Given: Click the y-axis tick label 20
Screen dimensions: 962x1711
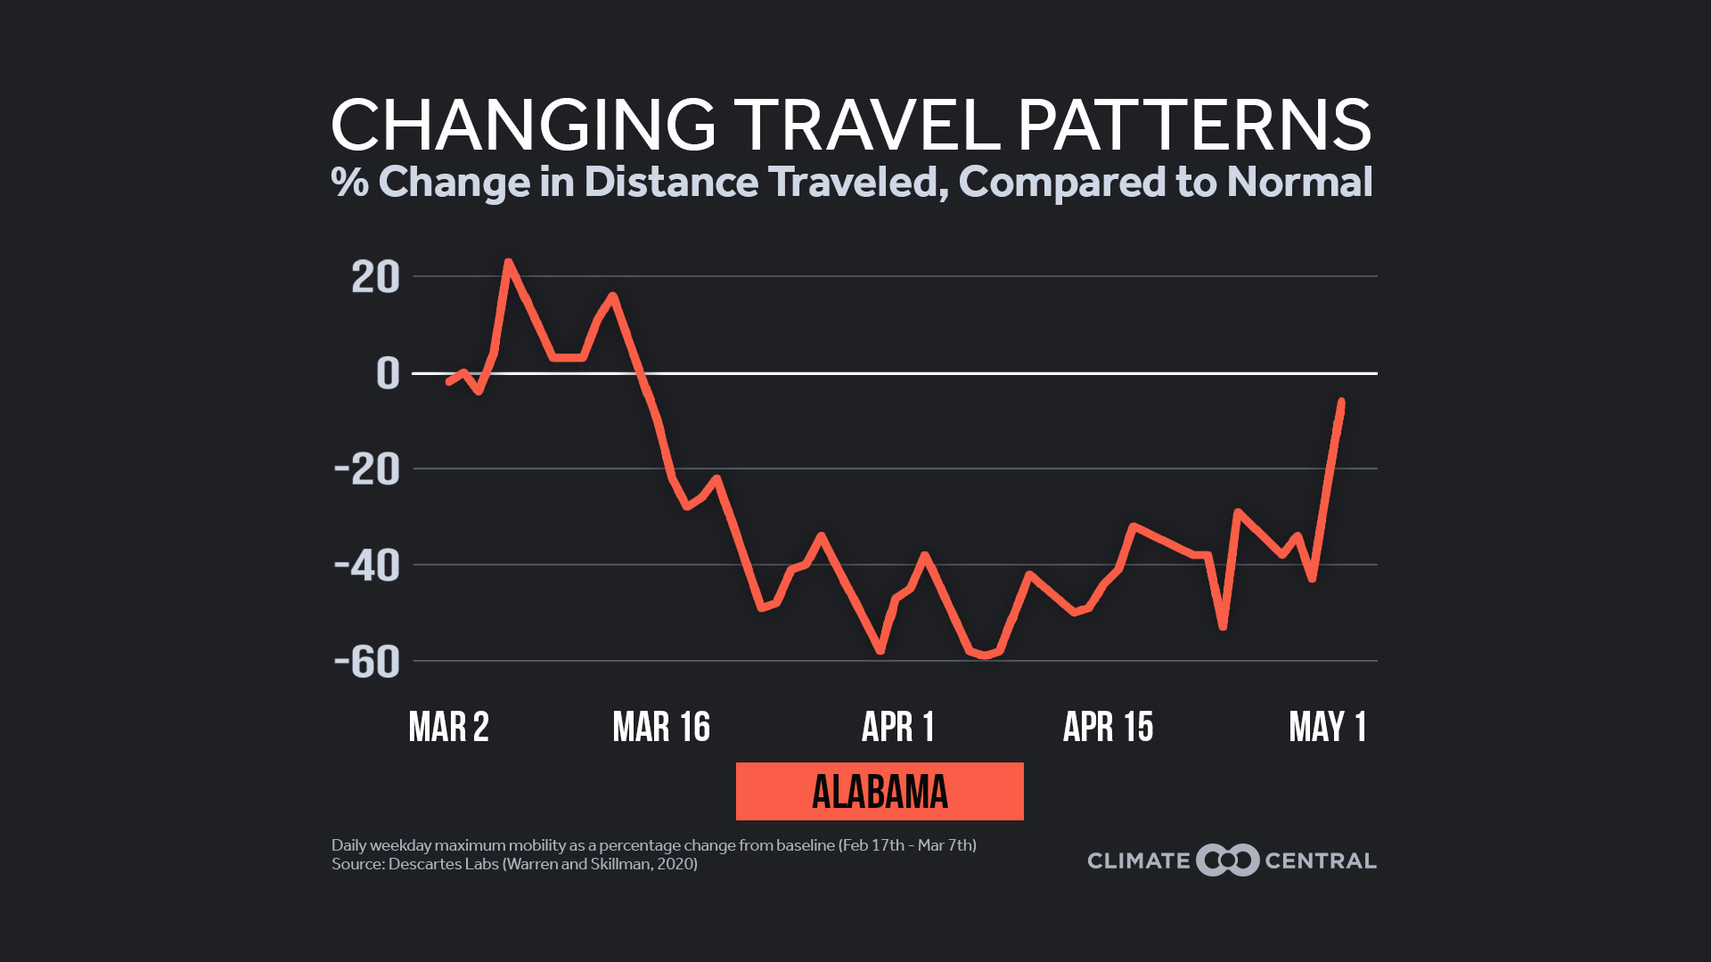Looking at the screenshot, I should [x=375, y=277].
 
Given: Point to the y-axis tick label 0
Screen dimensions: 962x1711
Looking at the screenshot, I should [x=388, y=373].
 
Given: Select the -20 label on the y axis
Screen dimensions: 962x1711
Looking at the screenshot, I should [x=367, y=469].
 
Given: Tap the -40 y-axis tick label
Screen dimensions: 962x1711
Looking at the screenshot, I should [x=367, y=566].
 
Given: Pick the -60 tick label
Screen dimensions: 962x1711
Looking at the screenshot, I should [x=367, y=662].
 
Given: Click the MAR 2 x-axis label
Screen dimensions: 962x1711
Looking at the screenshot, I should [x=448, y=727].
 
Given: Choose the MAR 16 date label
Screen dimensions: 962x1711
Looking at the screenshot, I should [x=661, y=727].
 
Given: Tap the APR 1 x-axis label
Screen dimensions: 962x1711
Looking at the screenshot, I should [x=897, y=727].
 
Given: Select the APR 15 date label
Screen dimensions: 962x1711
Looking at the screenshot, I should [x=1108, y=727].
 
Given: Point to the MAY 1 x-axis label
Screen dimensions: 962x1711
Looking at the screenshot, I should [x=1327, y=727].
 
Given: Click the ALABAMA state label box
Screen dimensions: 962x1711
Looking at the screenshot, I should [x=880, y=791].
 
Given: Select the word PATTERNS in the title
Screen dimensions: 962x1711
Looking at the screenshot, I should [x=1194, y=125].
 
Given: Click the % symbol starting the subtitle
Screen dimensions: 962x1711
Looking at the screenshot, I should [x=349, y=182].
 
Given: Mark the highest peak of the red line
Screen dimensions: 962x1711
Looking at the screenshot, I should [x=508, y=262].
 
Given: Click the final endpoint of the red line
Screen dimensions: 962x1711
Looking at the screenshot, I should [x=1341, y=402].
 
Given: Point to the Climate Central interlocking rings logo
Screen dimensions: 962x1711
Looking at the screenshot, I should [x=1227, y=860].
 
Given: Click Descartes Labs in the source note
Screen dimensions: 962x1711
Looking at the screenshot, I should [x=443, y=864].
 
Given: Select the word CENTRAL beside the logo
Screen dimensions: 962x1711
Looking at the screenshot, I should [x=1321, y=860].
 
